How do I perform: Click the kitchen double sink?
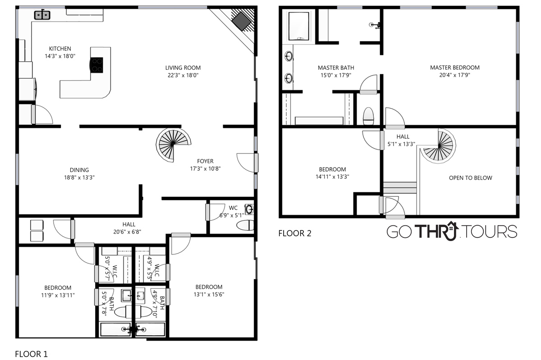[42, 15]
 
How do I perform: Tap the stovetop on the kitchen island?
[96, 65]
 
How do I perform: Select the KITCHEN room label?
[60, 49]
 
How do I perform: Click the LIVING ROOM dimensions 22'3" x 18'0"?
[183, 75]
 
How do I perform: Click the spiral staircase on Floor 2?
[438, 146]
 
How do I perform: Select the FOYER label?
[205, 161]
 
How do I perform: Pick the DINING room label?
[79, 170]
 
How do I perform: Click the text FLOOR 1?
[32, 354]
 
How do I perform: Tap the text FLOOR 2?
[295, 233]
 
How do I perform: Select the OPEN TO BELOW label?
[471, 178]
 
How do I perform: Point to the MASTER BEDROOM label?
[455, 68]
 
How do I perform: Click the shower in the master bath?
[298, 26]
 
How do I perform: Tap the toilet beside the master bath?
[368, 116]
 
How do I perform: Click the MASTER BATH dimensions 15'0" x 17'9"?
[336, 75]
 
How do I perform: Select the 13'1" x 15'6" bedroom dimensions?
[209, 295]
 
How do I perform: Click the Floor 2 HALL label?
[403, 137]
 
